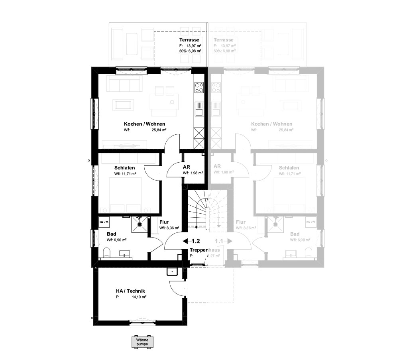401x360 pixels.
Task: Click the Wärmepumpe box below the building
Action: tap(142, 341)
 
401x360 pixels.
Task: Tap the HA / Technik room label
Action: tap(128, 291)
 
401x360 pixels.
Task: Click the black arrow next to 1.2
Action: tap(186, 241)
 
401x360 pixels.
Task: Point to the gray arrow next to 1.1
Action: tap(230, 241)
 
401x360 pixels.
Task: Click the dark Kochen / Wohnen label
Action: tap(144, 124)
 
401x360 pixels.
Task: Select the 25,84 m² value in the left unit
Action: tap(159, 130)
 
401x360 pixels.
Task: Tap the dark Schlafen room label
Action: tap(124, 168)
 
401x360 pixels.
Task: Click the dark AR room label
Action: tap(186, 167)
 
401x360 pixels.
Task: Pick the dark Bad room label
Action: tap(112, 234)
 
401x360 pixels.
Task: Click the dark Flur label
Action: tap(164, 222)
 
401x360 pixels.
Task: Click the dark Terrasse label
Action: tap(189, 40)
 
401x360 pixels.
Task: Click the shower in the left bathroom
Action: tap(140, 224)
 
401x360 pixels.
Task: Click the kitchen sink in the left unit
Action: tap(199, 107)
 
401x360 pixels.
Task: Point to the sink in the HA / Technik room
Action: tap(172, 272)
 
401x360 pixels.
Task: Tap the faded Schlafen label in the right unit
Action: tap(289, 168)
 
